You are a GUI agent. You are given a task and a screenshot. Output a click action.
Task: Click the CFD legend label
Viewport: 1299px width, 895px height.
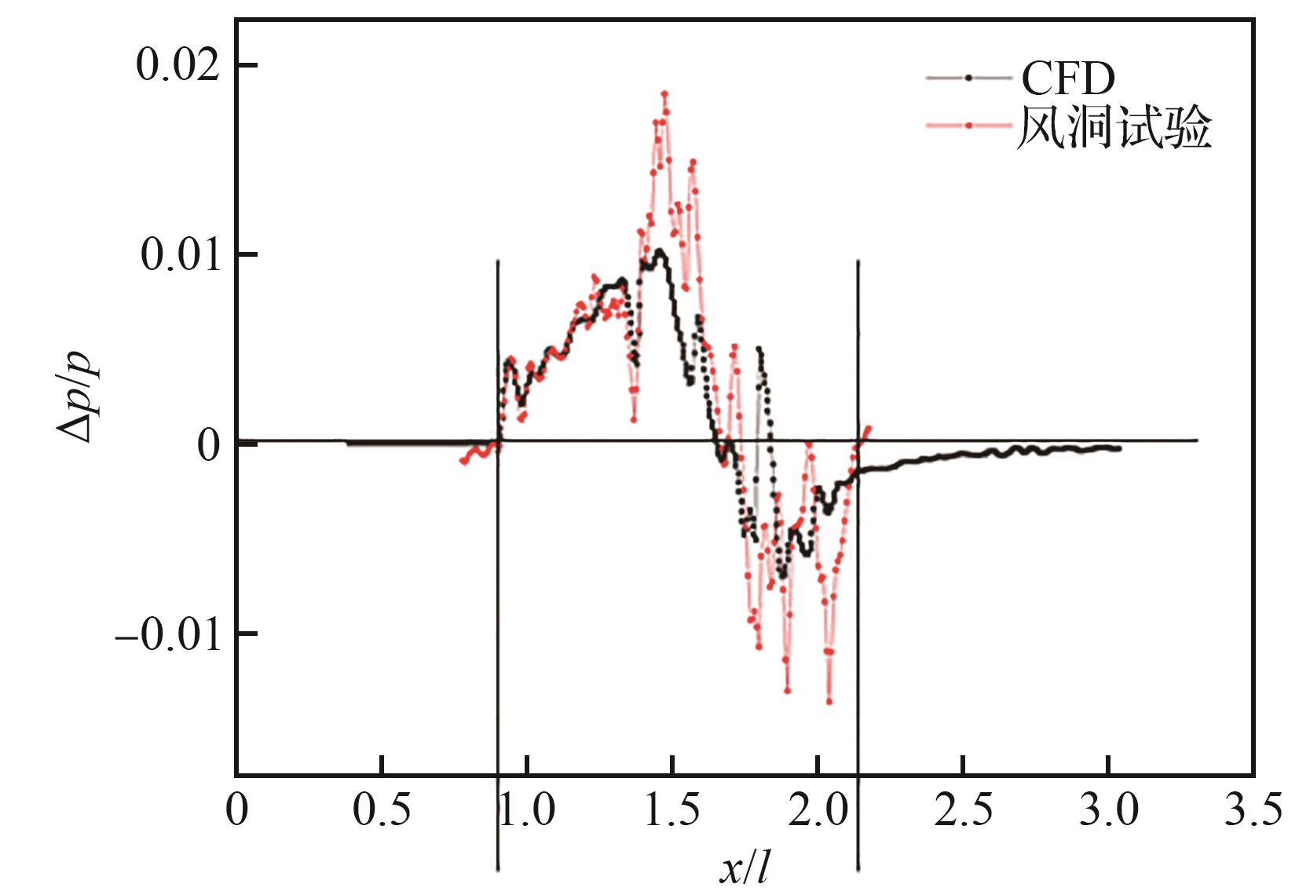point(1068,78)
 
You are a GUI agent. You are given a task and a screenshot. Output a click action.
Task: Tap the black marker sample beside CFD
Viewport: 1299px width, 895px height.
point(968,78)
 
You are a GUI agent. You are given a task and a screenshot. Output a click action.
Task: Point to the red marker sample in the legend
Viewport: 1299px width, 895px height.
point(968,125)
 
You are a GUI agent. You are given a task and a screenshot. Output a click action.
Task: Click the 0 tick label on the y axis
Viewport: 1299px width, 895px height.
point(209,445)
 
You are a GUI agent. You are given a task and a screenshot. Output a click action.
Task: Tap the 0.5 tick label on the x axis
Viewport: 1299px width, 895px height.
point(381,810)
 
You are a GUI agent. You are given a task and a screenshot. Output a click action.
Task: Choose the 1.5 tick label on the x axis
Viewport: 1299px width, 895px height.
point(672,810)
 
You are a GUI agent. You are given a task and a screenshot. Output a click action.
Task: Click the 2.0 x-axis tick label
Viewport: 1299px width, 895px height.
point(818,810)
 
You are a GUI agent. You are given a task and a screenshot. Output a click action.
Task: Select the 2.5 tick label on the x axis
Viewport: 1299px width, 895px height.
point(963,810)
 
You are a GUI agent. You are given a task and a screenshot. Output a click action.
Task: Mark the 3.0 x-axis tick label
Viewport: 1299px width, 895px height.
point(1108,810)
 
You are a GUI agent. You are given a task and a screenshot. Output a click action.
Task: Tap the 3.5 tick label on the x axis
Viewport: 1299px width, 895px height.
point(1253,810)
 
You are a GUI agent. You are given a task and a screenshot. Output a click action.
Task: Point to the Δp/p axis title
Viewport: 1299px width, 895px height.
point(77,396)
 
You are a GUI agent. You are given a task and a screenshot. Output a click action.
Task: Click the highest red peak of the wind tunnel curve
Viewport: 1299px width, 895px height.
point(664,93)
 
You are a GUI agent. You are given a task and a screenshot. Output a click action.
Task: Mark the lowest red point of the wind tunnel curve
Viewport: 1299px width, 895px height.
point(829,701)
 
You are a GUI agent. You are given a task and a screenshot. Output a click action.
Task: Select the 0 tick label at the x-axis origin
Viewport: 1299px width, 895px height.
point(236,810)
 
